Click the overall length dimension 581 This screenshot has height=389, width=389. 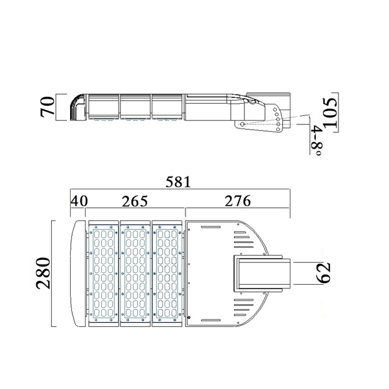(178, 182)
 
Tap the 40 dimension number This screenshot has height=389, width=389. (79, 201)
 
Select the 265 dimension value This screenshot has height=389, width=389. (135, 201)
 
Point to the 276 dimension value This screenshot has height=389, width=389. (238, 201)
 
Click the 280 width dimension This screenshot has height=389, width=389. (43, 273)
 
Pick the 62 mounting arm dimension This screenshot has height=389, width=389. (324, 273)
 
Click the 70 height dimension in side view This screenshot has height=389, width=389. (47, 107)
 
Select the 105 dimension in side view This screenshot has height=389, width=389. (331, 113)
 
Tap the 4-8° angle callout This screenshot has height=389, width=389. (316, 141)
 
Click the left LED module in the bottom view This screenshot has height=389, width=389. (104, 273)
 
